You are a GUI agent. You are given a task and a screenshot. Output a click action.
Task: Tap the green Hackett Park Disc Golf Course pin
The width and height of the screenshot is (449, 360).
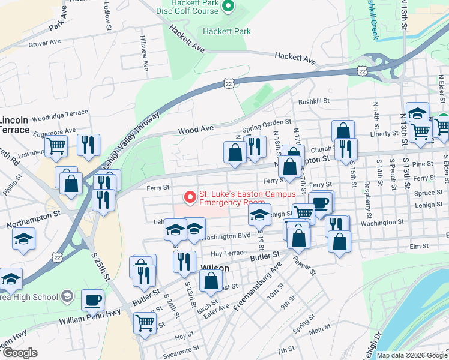click(227, 7)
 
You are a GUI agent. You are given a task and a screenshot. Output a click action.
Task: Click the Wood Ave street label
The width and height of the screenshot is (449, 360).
click(196, 129)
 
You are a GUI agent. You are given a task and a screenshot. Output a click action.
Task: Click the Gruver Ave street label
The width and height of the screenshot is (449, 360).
click(45, 43)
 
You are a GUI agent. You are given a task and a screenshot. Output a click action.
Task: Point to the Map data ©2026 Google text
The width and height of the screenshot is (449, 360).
click(411, 355)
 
